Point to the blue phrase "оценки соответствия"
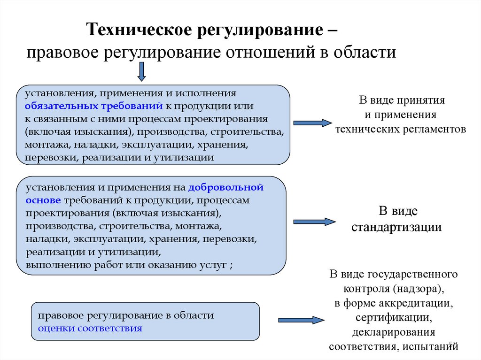pos(90,328)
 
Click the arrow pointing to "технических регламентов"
pos(312,123)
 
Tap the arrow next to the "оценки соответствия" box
pos(301,320)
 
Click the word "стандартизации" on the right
pos(397,228)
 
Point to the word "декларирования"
pos(394,332)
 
